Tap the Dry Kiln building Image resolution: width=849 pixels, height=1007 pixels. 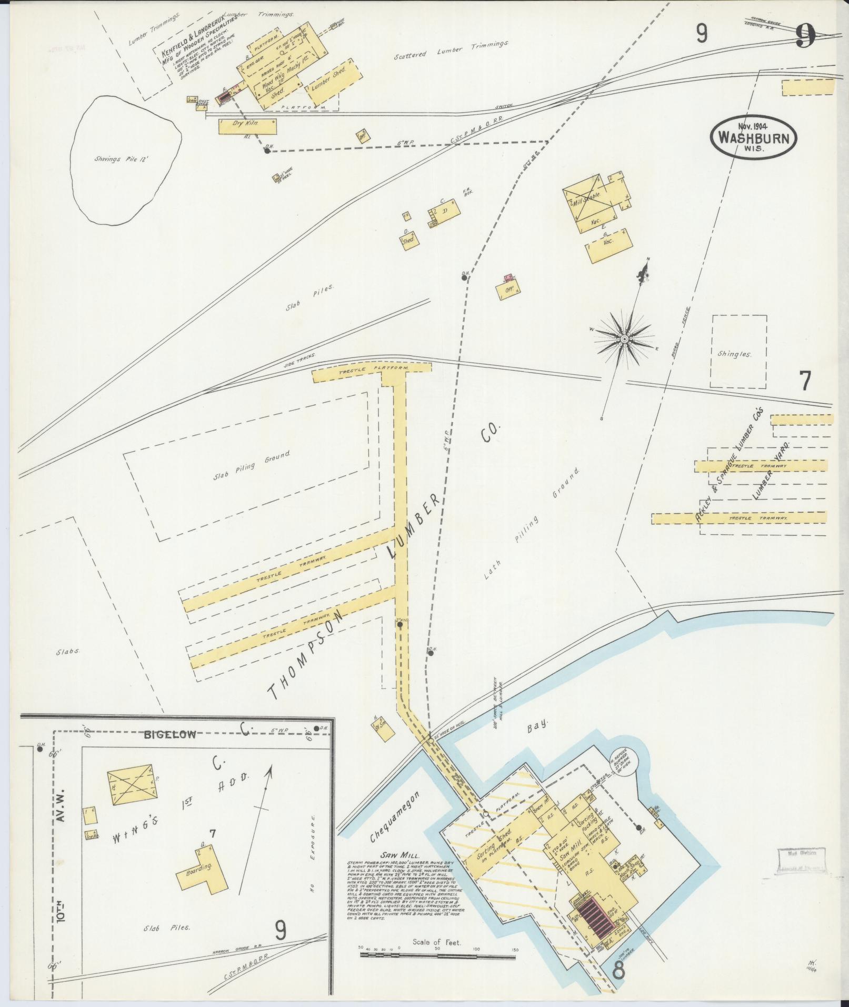coord(247,126)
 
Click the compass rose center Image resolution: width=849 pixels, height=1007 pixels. coord(624,338)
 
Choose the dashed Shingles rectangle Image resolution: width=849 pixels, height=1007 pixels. coord(739,352)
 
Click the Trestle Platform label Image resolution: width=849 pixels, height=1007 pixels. coord(372,372)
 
